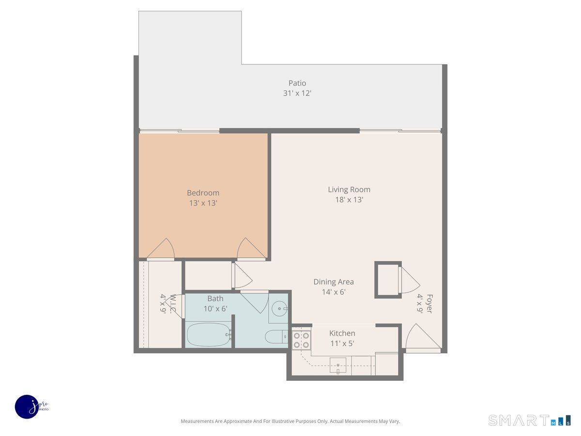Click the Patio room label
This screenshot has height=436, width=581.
tap(297, 83)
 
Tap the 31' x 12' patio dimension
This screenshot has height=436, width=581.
tap(297, 93)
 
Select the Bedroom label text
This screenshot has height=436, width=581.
tap(203, 193)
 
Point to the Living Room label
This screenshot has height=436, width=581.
tap(349, 189)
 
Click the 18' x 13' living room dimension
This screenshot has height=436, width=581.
tap(349, 200)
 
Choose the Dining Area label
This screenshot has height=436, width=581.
tap(334, 281)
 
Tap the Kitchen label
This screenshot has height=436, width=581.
tap(342, 333)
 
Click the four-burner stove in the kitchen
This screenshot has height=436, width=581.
tap(301, 340)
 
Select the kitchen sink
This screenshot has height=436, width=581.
tap(338, 365)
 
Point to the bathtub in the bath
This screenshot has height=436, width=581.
tap(209, 334)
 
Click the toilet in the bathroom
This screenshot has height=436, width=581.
tap(276, 337)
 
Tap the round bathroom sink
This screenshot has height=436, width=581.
tap(279, 309)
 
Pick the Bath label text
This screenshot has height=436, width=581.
tap(215, 298)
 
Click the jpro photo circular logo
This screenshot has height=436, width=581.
tap(27, 407)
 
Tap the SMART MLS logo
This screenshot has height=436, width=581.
tap(529, 420)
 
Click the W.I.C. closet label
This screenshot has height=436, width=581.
tap(173, 304)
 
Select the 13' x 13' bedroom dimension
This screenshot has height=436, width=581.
tap(203, 203)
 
